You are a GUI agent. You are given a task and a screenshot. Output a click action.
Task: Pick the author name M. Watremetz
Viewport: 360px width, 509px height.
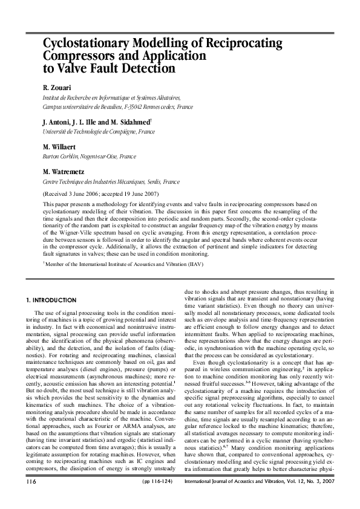click(x=67, y=172)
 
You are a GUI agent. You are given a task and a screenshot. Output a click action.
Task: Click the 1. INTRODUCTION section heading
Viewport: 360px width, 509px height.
click(x=51, y=300)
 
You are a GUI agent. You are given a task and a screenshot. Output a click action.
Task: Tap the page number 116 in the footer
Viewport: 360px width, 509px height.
click(x=32, y=499)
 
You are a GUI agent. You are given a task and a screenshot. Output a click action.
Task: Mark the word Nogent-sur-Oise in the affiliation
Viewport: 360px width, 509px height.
click(x=96, y=156)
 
